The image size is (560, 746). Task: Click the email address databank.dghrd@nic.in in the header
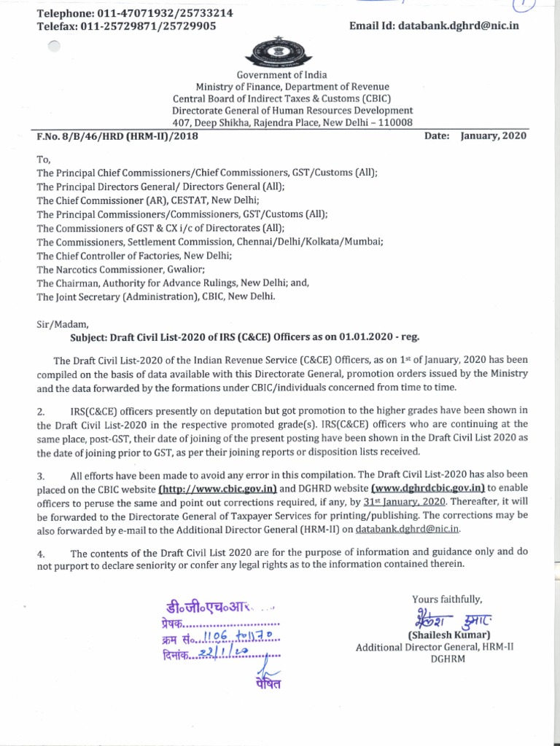tap(456, 25)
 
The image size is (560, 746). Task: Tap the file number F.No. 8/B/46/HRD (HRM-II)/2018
tap(117, 136)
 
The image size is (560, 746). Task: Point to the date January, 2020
tap(493, 136)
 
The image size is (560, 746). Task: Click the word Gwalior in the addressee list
tap(182, 269)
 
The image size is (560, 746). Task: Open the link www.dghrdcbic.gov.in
tap(428, 488)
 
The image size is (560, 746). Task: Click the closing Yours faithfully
tap(447, 599)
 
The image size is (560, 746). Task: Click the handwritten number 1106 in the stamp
tap(208, 639)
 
